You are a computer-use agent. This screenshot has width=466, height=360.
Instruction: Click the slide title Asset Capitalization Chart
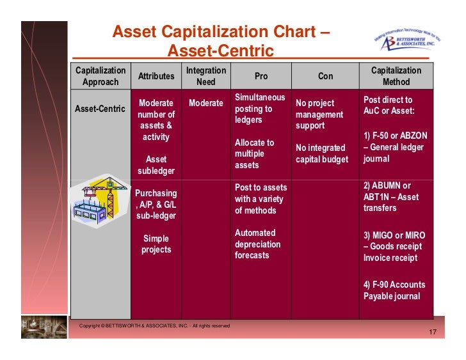221,40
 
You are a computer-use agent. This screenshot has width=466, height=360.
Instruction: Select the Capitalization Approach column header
100,76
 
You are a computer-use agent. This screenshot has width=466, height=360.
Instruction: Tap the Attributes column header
156,76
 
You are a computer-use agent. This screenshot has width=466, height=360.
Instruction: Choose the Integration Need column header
206,76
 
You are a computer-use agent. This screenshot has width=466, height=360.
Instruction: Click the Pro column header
261,76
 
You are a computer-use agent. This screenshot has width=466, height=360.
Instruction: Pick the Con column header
325,76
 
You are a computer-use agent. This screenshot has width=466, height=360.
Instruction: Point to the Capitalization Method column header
396,76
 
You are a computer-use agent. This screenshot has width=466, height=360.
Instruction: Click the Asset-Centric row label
100,109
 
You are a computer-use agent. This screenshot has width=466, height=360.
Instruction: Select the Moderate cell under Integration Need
206,103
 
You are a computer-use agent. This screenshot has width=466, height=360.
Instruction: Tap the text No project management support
319,114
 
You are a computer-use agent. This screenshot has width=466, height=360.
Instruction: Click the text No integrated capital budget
321,153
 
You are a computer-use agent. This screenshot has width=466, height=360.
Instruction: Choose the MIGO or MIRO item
394,247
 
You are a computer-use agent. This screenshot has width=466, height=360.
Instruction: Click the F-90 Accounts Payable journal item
394,290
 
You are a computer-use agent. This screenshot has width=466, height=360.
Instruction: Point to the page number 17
432,333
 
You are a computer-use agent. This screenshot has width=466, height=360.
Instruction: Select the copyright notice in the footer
154,326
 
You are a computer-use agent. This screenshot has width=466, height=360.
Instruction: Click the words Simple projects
156,244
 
